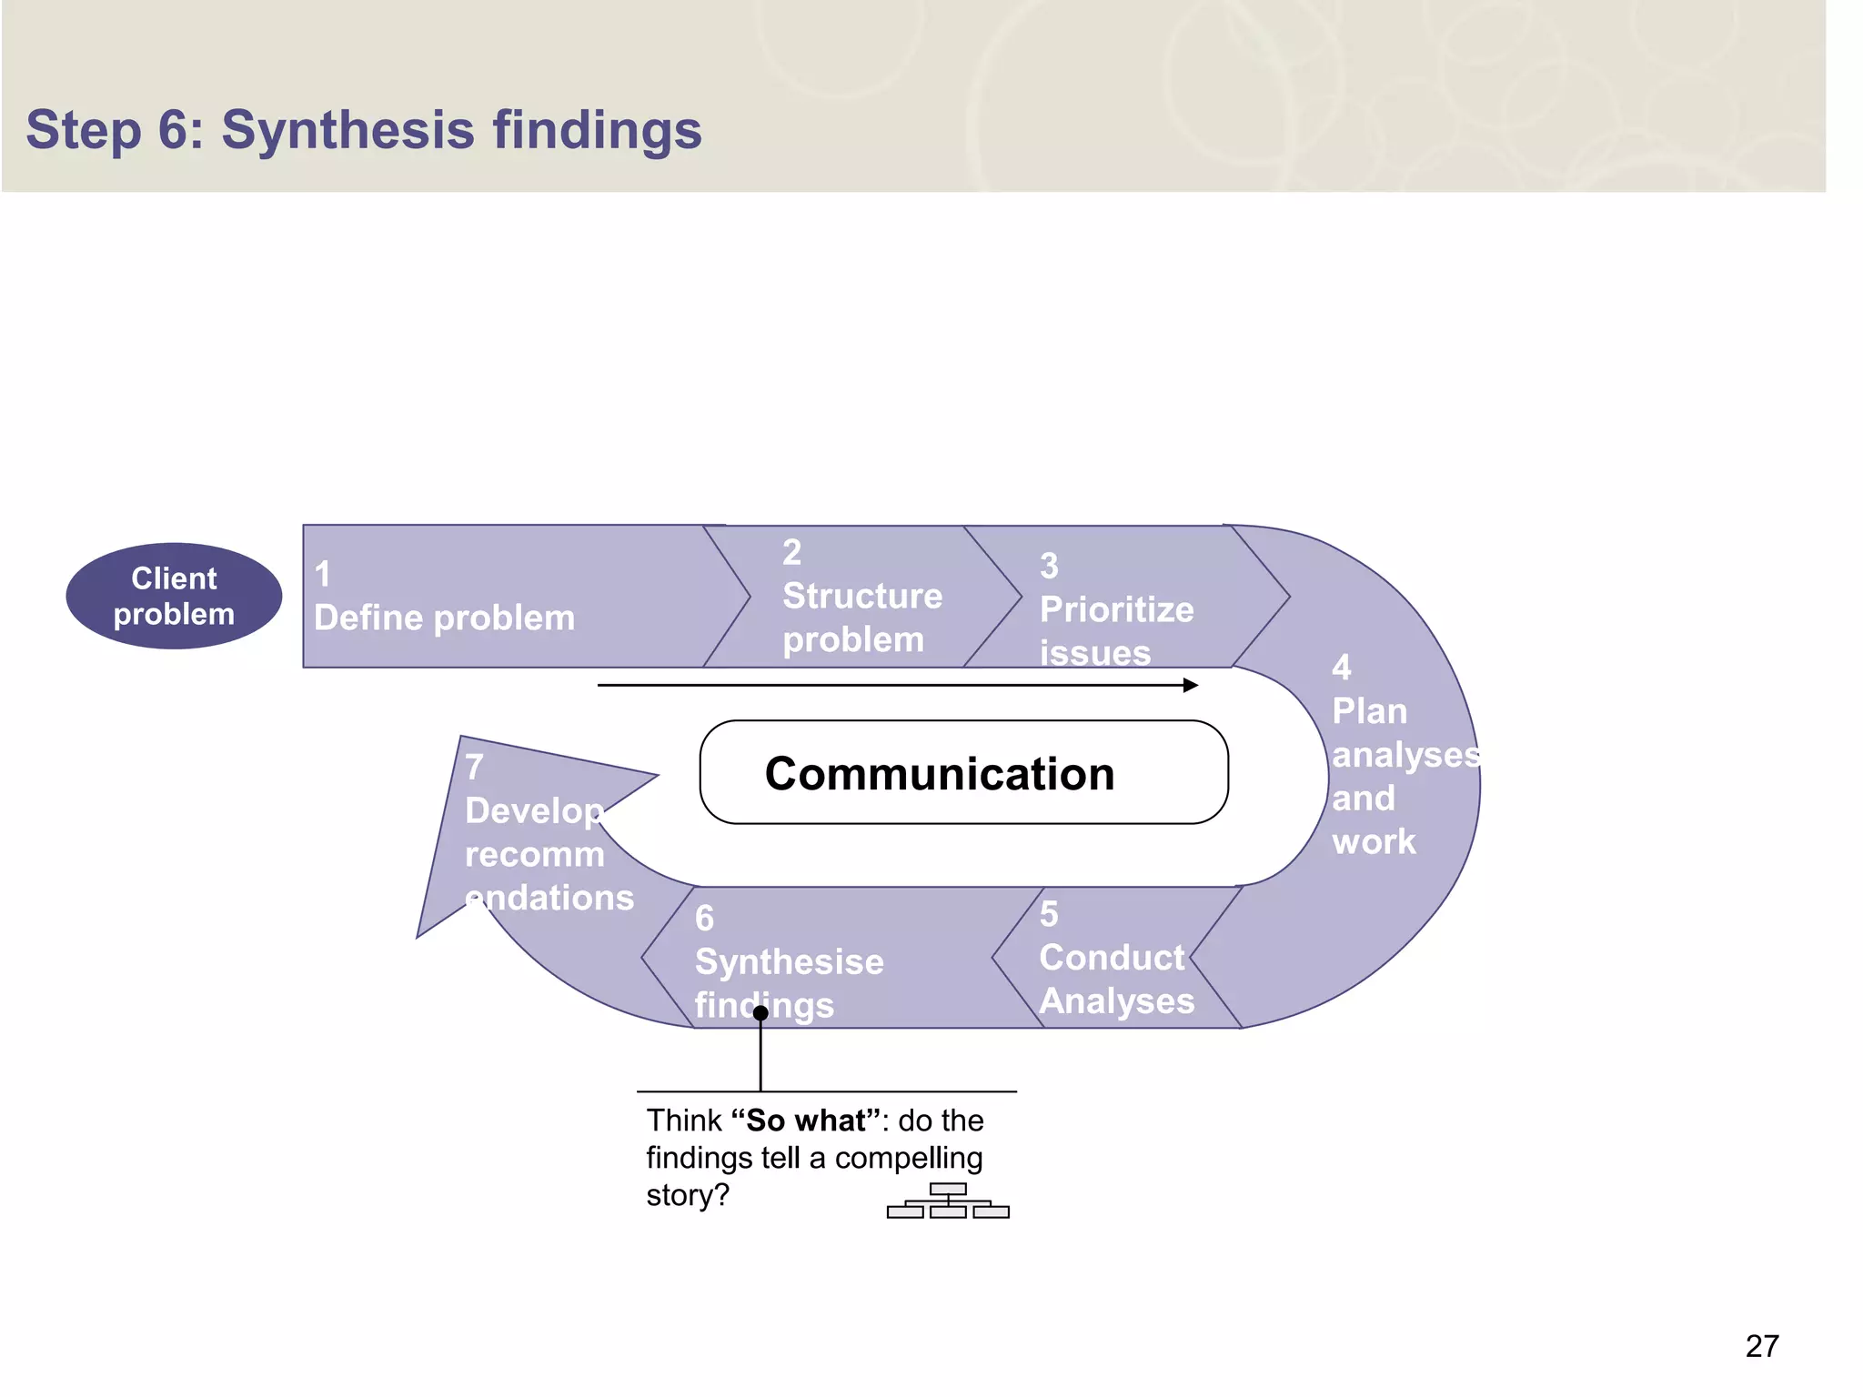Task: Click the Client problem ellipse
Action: click(174, 596)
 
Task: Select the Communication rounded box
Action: click(963, 772)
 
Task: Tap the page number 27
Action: click(1761, 1346)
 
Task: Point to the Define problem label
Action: click(444, 618)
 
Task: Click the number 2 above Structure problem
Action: click(791, 552)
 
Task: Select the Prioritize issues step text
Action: click(1115, 629)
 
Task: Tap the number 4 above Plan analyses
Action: click(1341, 668)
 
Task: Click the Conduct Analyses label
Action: click(1115, 979)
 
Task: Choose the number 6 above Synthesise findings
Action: click(704, 919)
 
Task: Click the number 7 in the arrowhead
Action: click(474, 767)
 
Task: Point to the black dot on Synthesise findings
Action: click(760, 1012)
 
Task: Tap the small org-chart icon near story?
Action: click(948, 1201)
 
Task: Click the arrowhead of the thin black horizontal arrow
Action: click(1191, 685)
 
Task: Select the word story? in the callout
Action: click(688, 1195)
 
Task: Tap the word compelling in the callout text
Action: click(908, 1158)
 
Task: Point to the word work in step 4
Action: click(1373, 842)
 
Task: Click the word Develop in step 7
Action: click(533, 810)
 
